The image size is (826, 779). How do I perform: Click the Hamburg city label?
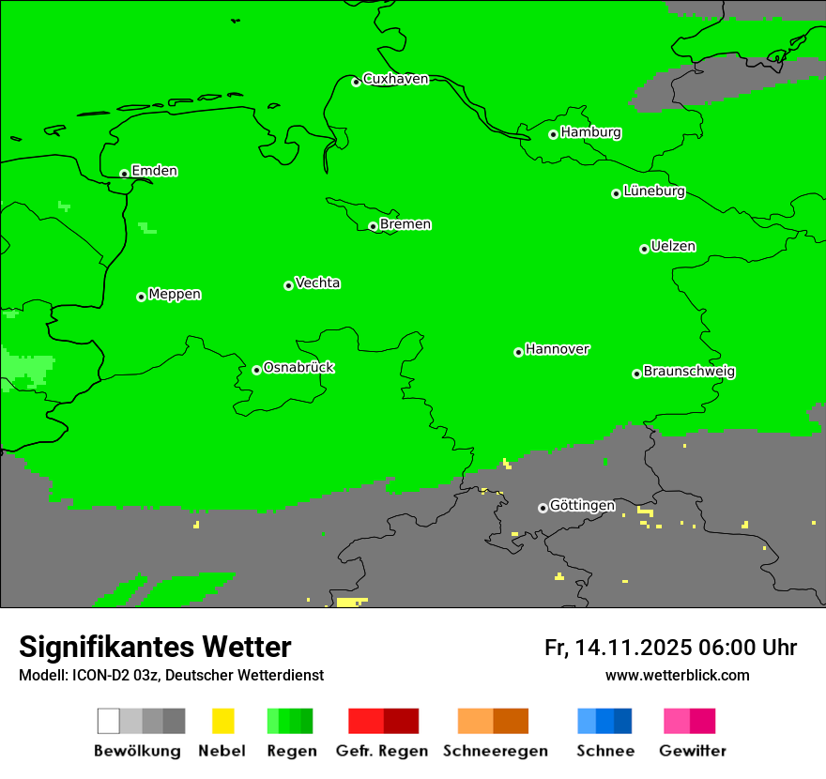pyautogui.click(x=590, y=132)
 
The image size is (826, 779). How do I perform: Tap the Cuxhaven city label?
pyautogui.click(x=395, y=79)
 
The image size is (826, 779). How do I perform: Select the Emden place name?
pyautogui.click(x=154, y=171)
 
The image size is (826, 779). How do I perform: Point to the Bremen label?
pyautogui.click(x=405, y=224)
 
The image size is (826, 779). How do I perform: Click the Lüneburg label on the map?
pyautogui.click(x=654, y=191)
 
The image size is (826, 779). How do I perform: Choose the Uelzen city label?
pyautogui.click(x=673, y=247)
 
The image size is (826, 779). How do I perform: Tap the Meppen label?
pyautogui.click(x=175, y=295)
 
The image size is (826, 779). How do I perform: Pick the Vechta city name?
pyautogui.click(x=317, y=283)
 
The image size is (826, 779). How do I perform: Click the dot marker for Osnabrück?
pyautogui.click(x=256, y=370)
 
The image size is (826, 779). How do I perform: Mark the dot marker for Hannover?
pyautogui.click(x=518, y=352)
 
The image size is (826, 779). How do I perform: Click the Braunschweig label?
pyautogui.click(x=689, y=372)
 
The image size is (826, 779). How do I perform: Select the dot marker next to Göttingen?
pyautogui.click(x=543, y=508)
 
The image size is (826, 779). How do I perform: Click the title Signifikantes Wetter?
pyautogui.click(x=155, y=647)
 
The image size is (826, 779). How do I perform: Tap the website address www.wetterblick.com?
pyautogui.click(x=677, y=675)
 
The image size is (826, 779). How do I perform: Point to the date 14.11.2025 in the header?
pyautogui.click(x=634, y=648)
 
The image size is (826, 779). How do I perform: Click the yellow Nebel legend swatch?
pyautogui.click(x=222, y=721)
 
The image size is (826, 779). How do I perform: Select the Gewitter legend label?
pyautogui.click(x=693, y=751)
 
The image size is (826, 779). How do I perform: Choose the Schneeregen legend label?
pyautogui.click(x=495, y=751)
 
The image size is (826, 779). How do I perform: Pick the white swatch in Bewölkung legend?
pyautogui.click(x=109, y=721)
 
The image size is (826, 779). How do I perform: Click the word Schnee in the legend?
pyautogui.click(x=604, y=751)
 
